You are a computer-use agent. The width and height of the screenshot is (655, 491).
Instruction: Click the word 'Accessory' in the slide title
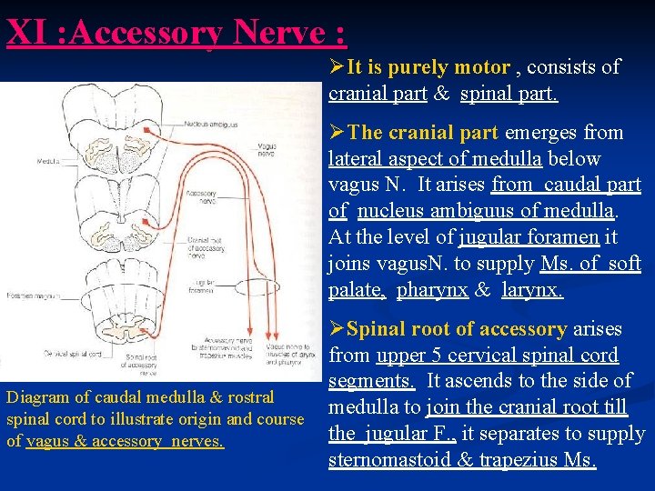[145, 33]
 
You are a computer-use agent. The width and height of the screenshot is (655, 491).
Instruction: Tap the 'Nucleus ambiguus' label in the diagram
[211, 123]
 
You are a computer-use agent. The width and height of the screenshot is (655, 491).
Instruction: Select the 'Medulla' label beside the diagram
[48, 160]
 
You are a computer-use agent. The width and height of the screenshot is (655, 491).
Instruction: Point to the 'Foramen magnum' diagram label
[28, 295]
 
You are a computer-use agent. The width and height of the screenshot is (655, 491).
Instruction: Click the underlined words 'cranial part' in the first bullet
[374, 94]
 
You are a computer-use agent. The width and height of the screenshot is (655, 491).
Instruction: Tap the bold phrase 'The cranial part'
[423, 133]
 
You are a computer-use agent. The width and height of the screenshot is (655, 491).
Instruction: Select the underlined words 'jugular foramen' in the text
[529, 238]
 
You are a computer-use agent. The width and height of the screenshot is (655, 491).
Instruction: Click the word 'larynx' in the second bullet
[531, 291]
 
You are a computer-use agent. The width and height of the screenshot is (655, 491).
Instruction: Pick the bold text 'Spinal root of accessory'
[457, 329]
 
